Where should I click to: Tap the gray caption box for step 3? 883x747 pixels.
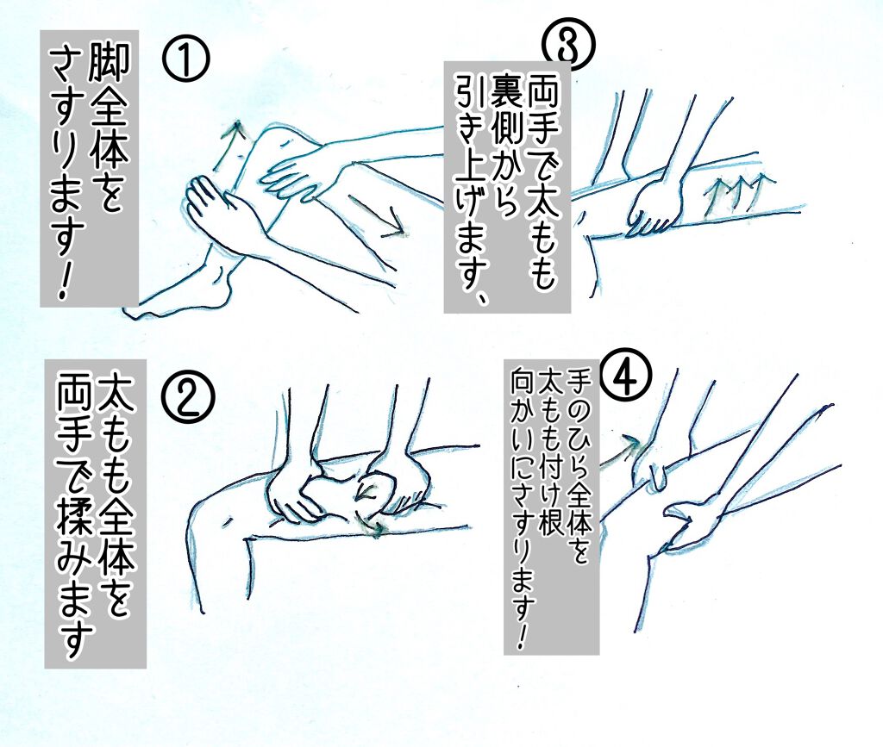click(x=507, y=186)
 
